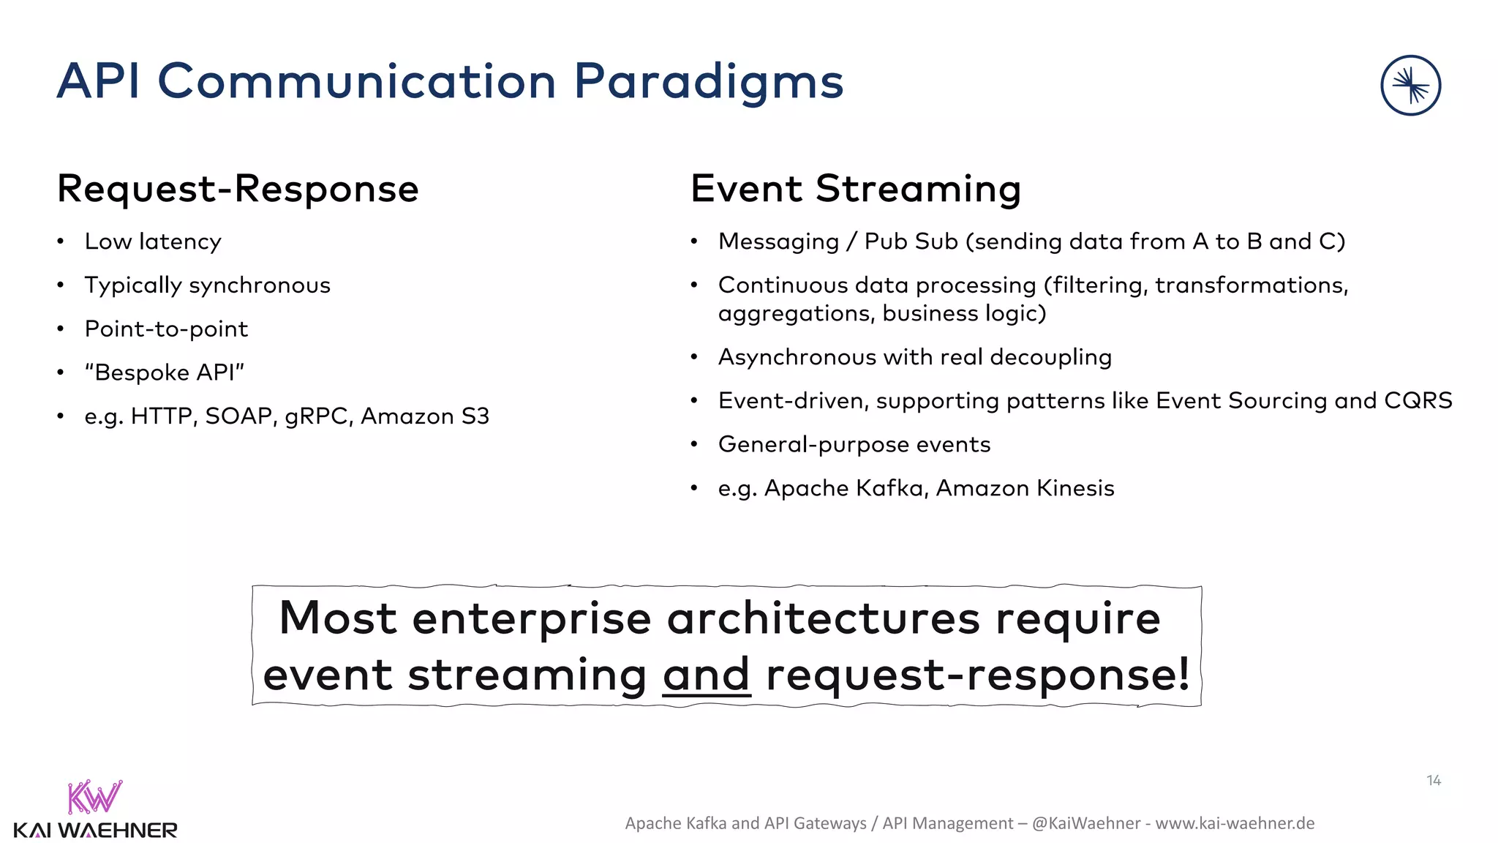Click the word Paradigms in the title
tap(708, 82)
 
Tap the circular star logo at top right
tap(1410, 86)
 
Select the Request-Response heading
tap(238, 189)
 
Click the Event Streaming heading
tap(855, 189)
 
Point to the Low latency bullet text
tap(153, 241)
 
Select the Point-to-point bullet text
tap(166, 329)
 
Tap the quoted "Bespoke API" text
tap(165, 372)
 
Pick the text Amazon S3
tap(424, 416)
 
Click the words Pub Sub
tap(911, 241)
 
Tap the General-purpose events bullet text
tap(854, 445)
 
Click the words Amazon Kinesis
tap(1025, 488)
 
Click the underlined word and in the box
tap(706, 675)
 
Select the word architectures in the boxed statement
tap(823, 619)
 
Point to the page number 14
tap(1433, 781)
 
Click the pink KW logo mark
tap(94, 798)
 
